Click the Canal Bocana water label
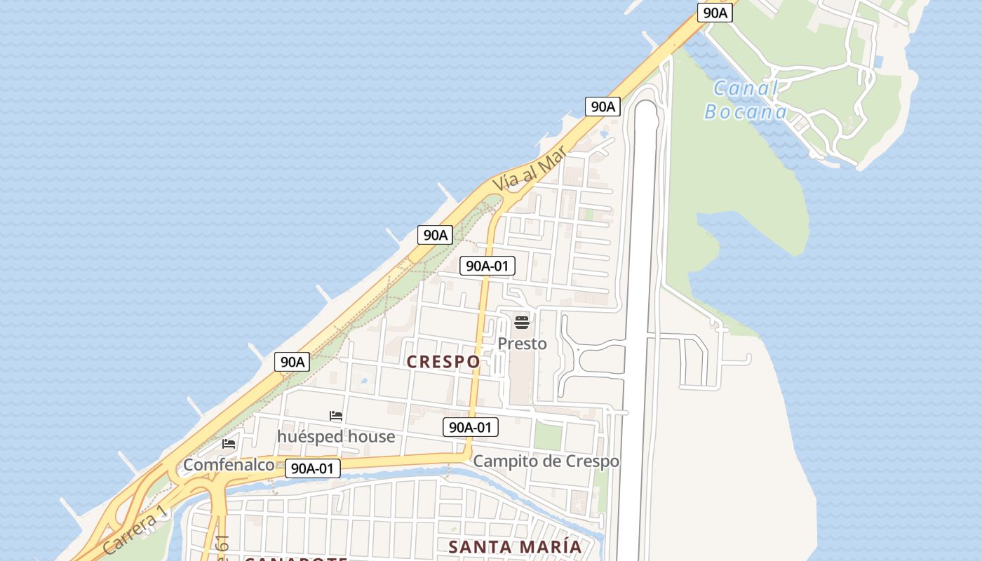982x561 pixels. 746,100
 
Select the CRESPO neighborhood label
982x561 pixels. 443,362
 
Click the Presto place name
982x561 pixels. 522,344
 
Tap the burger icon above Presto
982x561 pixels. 522,323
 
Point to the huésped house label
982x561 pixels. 336,437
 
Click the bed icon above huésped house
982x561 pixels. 336,416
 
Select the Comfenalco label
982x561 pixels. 229,465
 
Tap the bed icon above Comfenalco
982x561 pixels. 229,444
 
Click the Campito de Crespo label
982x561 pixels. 546,461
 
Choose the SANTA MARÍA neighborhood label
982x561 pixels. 515,547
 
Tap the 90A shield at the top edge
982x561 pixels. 715,12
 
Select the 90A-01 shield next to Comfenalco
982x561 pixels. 313,468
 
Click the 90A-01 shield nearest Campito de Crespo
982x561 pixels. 471,426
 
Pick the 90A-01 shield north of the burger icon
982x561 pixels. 487,266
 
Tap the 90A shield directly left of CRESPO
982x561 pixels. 292,362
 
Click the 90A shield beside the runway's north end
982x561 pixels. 603,107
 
